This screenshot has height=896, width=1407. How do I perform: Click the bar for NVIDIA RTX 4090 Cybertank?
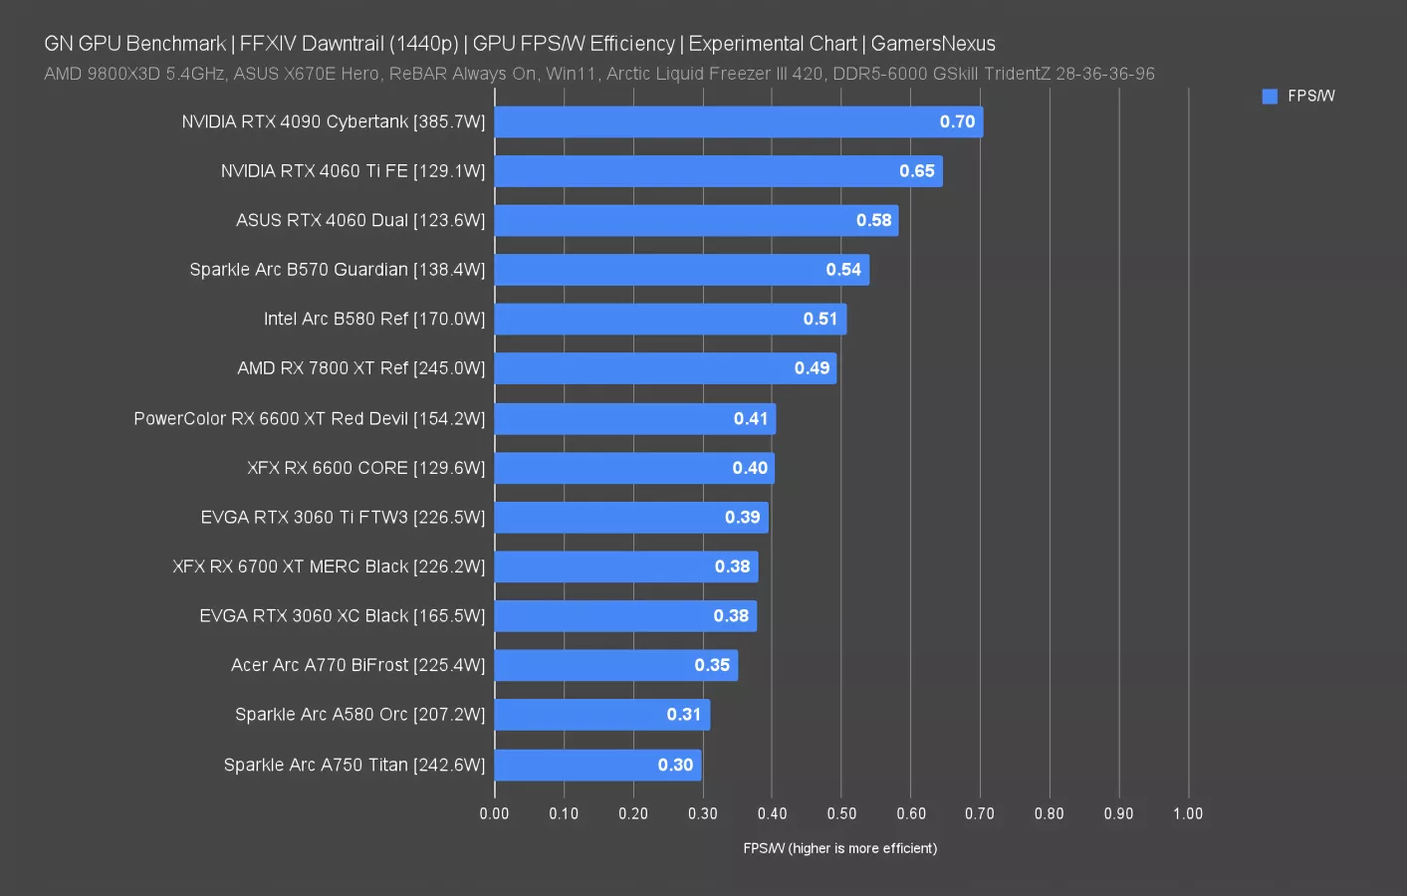[x=738, y=121]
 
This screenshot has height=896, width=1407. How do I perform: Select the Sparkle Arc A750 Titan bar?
[x=597, y=765]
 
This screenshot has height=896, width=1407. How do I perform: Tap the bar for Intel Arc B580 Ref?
[x=670, y=319]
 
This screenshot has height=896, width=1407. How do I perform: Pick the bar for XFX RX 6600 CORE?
[x=633, y=468]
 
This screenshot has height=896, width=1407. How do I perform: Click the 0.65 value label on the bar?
[x=916, y=171]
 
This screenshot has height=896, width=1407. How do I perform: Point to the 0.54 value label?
[x=843, y=270]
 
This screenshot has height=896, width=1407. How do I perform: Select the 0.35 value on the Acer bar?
[x=712, y=665]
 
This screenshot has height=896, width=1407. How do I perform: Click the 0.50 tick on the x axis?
[x=841, y=813]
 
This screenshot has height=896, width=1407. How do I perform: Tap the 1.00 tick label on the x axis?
[x=1187, y=813]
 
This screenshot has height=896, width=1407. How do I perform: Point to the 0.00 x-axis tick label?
[x=494, y=813]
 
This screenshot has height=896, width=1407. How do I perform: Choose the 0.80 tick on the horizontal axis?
[x=1049, y=813]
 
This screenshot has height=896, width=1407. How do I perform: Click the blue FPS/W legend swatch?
[x=1270, y=97]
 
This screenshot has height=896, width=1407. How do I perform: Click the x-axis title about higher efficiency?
[x=839, y=848]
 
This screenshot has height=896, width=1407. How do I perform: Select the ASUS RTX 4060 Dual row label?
[x=360, y=220]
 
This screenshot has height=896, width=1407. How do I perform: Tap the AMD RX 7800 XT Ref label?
[x=360, y=368]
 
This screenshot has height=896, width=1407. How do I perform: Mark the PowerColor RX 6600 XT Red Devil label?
[x=309, y=418]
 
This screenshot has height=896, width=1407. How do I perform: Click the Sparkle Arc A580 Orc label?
[x=360, y=714]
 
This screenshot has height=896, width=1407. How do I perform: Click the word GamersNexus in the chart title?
[x=933, y=44]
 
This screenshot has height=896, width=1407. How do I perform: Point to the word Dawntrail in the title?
[x=343, y=44]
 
